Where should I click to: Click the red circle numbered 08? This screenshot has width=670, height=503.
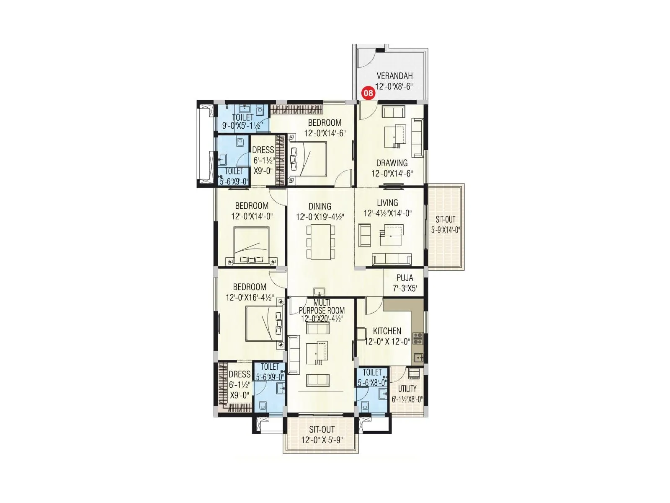(x=368, y=93)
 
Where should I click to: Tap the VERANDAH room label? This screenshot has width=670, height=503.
(x=394, y=76)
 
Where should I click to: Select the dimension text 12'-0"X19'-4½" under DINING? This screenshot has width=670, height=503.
(x=320, y=217)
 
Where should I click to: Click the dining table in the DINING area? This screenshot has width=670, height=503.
(x=321, y=242)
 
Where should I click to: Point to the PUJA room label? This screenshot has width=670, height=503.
(x=405, y=278)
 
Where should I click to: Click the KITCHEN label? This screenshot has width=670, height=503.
(x=387, y=331)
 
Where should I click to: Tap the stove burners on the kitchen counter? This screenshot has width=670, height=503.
(x=417, y=338)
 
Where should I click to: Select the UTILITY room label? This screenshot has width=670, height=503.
(x=407, y=389)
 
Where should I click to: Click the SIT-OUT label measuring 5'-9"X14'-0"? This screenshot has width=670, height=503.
(x=445, y=219)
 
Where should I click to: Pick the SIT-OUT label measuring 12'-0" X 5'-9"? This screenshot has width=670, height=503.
(x=322, y=430)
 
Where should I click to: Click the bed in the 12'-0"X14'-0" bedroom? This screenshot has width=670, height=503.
(x=251, y=245)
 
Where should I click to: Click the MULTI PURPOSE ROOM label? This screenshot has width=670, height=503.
(x=322, y=307)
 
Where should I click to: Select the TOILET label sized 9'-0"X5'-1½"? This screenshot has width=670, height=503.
(x=242, y=117)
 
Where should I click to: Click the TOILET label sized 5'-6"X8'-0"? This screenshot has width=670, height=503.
(x=372, y=372)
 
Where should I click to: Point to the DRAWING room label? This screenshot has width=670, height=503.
(x=392, y=163)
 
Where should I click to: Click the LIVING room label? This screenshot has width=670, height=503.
(x=387, y=203)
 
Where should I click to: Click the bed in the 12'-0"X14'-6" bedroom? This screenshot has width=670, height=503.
(x=308, y=159)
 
